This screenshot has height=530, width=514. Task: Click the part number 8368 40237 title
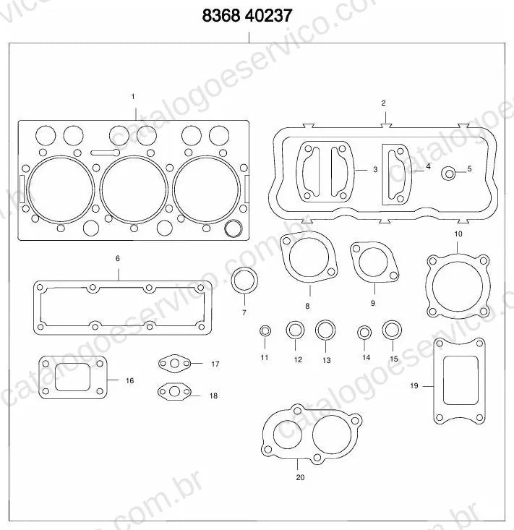(247, 16)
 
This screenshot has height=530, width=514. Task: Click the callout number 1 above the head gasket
(133, 97)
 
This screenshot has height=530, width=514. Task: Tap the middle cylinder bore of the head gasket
(134, 189)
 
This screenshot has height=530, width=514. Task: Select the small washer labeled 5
(449, 174)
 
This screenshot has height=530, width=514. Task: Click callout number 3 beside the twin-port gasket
(375, 169)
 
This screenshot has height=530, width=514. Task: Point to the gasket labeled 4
(397, 175)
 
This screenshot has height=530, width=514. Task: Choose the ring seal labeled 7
(244, 281)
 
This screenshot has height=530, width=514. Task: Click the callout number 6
(118, 258)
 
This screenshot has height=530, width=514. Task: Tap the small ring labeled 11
(265, 330)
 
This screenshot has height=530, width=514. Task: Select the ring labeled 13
(325, 330)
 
